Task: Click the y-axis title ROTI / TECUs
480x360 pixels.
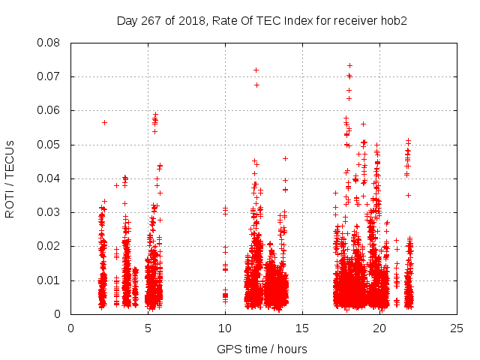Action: [x=10, y=178]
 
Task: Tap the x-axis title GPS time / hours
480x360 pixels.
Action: [x=262, y=349]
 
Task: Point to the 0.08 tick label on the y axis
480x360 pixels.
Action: [x=50, y=43]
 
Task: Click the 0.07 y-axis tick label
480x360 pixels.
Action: [x=50, y=76]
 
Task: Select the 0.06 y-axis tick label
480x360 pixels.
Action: [x=50, y=110]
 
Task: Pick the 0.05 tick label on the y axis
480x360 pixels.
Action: [x=50, y=145]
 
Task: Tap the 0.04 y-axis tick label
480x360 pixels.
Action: [x=50, y=178]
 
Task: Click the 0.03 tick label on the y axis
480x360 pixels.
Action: [x=50, y=212]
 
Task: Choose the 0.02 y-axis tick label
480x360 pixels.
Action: [x=50, y=246]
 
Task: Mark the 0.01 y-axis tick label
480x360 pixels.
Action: [x=50, y=280]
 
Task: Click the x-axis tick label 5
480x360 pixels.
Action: [x=148, y=328]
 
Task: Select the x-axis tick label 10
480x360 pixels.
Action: [x=225, y=328]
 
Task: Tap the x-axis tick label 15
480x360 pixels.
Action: [x=302, y=328]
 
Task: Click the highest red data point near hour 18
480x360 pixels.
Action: [x=349, y=65]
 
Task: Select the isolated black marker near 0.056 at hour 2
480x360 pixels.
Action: [x=105, y=122]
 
